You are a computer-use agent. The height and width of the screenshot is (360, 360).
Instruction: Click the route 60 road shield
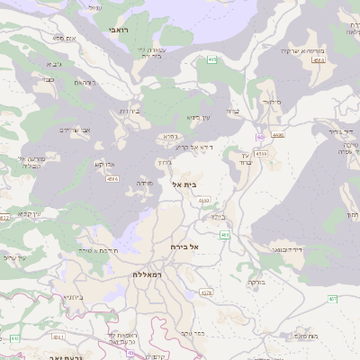[x=259, y=137]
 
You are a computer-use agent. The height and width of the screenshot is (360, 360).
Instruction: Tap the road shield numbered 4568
[x=112, y=179]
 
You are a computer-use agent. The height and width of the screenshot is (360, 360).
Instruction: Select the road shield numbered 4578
[x=207, y=292]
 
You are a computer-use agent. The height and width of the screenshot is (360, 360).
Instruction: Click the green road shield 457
[x=332, y=298]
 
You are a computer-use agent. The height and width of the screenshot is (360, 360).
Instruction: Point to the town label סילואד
[x=274, y=102]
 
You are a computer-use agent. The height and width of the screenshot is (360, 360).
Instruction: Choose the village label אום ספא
[x=63, y=39]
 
